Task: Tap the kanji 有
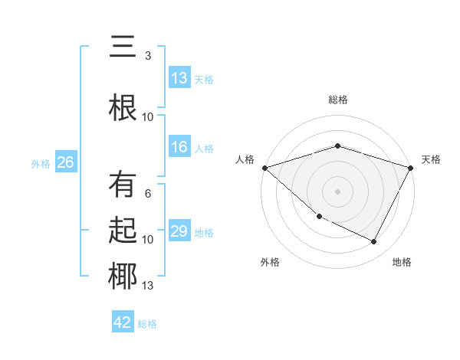tap(123, 185)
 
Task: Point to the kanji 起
tap(123, 230)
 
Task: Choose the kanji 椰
tap(123, 276)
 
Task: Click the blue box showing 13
tap(179, 78)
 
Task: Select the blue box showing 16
tap(179, 148)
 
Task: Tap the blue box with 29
tap(179, 231)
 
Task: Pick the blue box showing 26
tap(65, 162)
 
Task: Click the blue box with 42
tap(123, 322)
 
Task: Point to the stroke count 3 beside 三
tap(148, 56)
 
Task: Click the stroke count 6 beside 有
tap(148, 194)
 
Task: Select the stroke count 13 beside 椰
tap(148, 286)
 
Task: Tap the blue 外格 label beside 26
tap(41, 163)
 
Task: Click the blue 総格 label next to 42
tap(147, 324)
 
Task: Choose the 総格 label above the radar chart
tap(337, 100)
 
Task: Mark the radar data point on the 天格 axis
tap(411, 168)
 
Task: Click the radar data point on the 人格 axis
tap(264, 167)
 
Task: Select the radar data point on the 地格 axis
tap(374, 242)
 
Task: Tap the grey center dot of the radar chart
tap(337, 191)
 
